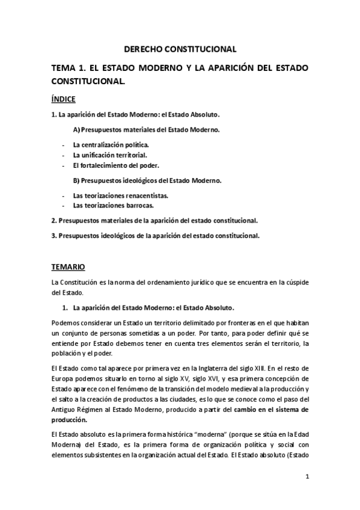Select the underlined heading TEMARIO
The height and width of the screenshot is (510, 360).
[68, 266]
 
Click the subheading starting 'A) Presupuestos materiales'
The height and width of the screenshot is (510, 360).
[145, 129]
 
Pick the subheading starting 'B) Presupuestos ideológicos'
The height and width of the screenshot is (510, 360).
[147, 180]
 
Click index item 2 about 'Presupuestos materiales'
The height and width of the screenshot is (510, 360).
[154, 220]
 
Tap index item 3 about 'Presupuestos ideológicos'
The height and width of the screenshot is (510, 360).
[155, 235]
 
